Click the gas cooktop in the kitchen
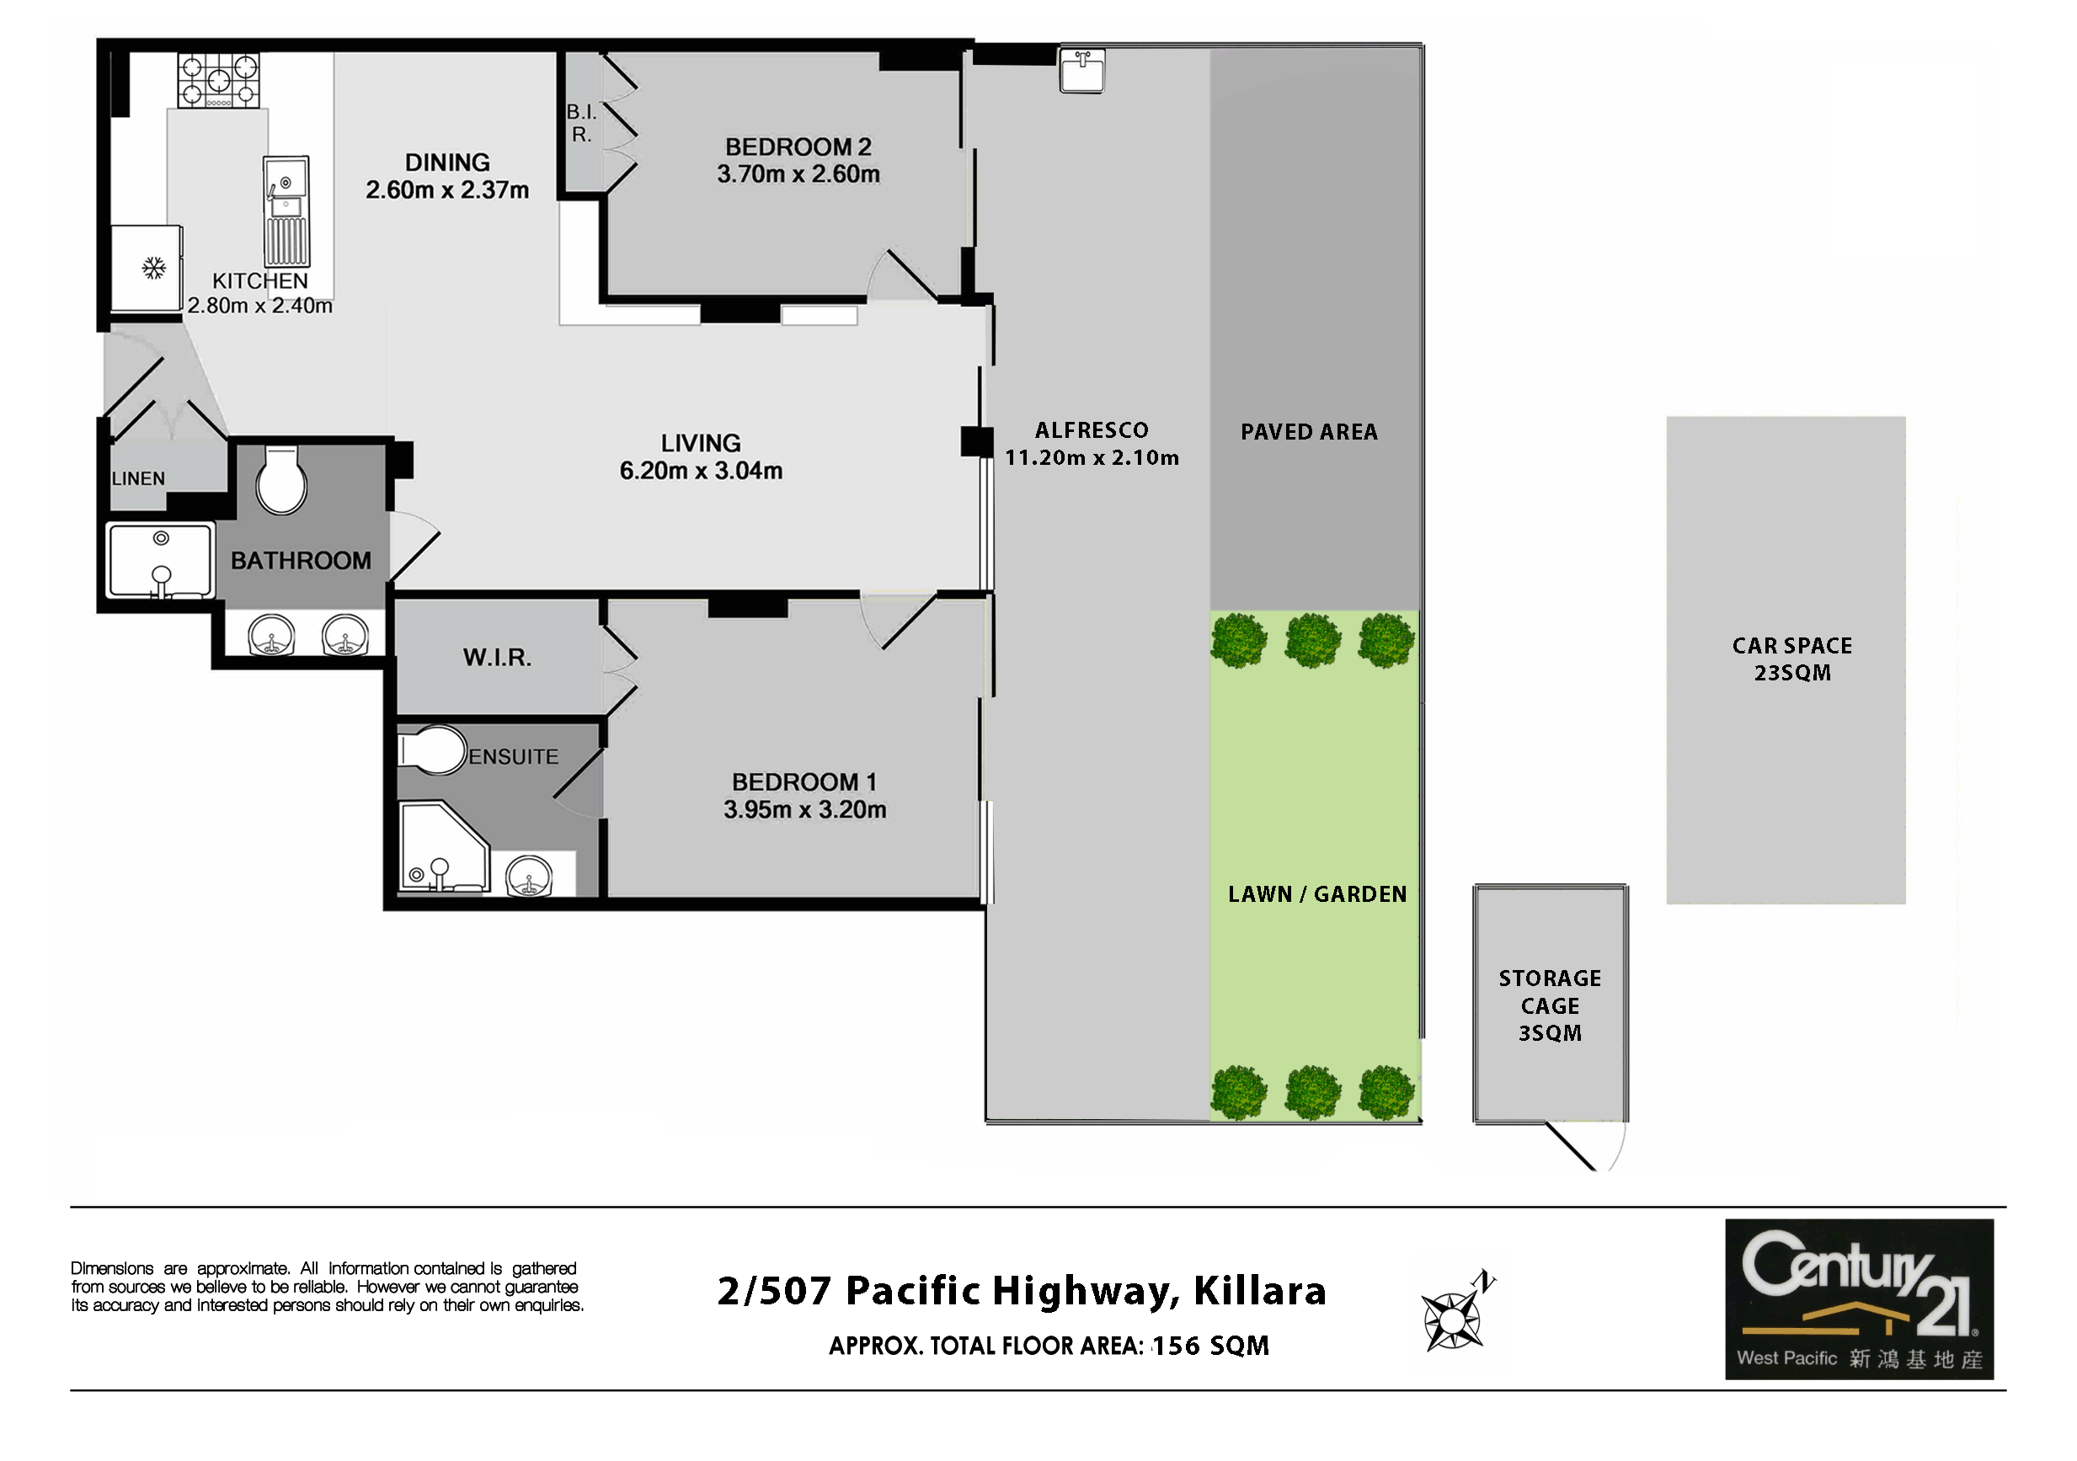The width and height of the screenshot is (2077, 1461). pyautogui.click(x=218, y=80)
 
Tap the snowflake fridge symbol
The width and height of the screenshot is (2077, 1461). pyautogui.click(x=154, y=268)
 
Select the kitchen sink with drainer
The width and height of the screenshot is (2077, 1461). pyautogui.click(x=286, y=211)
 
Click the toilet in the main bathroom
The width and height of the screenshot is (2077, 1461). pyautogui.click(x=281, y=479)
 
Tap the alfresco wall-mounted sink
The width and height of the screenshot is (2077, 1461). pyautogui.click(x=1082, y=70)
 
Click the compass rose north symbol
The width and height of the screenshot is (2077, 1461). pyautogui.click(x=1457, y=1312)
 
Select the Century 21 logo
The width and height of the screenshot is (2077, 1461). pyautogui.click(x=1860, y=1299)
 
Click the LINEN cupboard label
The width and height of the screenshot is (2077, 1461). pyautogui.click(x=138, y=478)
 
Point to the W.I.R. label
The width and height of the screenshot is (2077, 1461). pyautogui.click(x=498, y=658)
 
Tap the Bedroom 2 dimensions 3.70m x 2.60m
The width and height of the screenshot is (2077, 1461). pyautogui.click(x=798, y=173)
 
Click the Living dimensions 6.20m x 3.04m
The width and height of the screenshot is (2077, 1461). pyautogui.click(x=701, y=471)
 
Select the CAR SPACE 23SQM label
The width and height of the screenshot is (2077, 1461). pyautogui.click(x=1792, y=659)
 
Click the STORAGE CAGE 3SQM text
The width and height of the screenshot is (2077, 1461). pyautogui.click(x=1550, y=1005)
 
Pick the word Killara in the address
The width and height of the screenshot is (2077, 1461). pyautogui.click(x=1259, y=1291)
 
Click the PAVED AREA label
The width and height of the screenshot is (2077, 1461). pyautogui.click(x=1309, y=433)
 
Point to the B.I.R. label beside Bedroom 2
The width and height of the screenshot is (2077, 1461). pyautogui.click(x=582, y=123)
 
